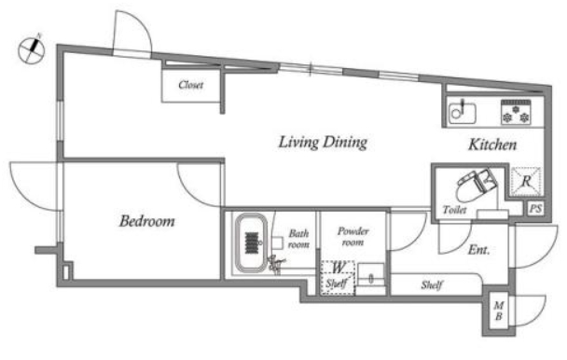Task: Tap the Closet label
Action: click(x=190, y=85)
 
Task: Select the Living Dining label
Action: click(x=323, y=142)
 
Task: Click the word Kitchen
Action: click(x=492, y=145)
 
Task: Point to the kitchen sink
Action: click(x=463, y=113)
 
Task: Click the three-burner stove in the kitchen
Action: click(x=516, y=112)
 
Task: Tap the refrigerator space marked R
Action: click(x=526, y=182)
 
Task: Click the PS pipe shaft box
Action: click(x=535, y=209)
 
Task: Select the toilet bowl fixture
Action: click(x=476, y=186)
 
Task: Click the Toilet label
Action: click(x=454, y=210)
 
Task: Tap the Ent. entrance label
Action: click(x=478, y=250)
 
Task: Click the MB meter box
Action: click(x=499, y=311)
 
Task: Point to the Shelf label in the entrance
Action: click(x=432, y=285)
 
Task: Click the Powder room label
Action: click(x=353, y=237)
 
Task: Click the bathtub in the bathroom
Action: click(x=251, y=242)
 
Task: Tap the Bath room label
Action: click(x=298, y=239)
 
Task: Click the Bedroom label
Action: click(x=146, y=221)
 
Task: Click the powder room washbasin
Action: click(x=371, y=276)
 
